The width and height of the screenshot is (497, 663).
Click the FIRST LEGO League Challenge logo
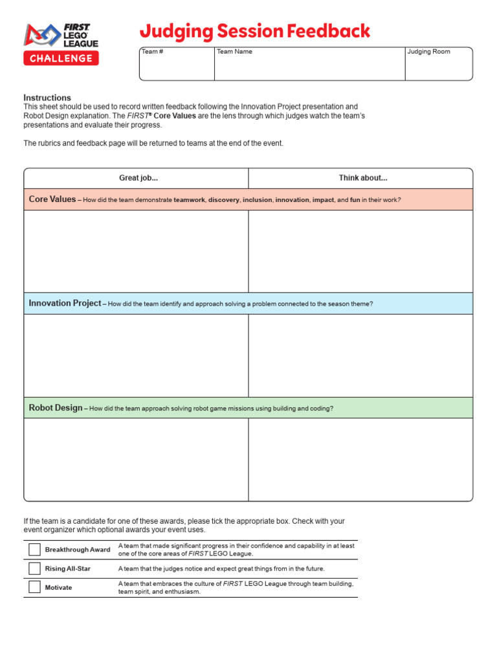point(61,44)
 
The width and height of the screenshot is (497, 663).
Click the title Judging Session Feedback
point(255,31)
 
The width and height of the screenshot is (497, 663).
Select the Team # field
point(177,64)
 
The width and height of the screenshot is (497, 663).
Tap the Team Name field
point(309,64)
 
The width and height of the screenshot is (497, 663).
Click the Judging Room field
point(438,64)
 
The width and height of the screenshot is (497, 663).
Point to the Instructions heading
point(47,98)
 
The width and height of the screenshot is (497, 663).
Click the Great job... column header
point(138,178)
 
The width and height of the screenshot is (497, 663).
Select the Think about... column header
point(362,178)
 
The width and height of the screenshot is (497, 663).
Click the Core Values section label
point(52,199)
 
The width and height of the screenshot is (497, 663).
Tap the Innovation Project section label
point(65,303)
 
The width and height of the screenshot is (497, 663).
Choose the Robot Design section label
point(56,408)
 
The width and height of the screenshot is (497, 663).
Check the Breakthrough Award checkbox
point(34,550)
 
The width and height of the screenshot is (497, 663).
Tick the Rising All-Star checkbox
point(34,568)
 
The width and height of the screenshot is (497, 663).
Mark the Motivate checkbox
point(34,587)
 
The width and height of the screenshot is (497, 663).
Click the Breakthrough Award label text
point(77,550)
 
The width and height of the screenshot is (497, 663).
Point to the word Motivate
point(58,588)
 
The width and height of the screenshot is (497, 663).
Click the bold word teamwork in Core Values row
point(189,200)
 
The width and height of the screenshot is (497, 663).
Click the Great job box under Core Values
point(137,251)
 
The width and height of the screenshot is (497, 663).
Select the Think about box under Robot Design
point(360,460)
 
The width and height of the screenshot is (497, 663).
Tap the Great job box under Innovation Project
point(137,355)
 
